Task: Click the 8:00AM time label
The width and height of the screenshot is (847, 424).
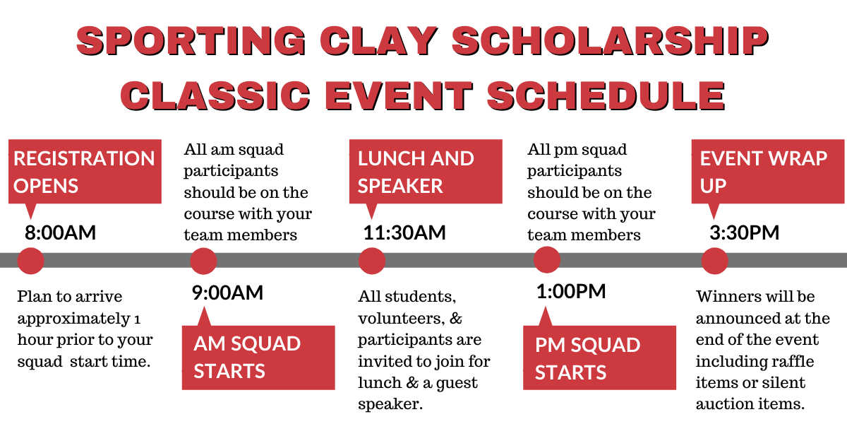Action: pyautogui.click(x=60, y=232)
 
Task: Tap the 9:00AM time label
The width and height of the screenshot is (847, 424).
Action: pyautogui.click(x=227, y=293)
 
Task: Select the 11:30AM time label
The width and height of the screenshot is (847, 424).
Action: pyautogui.click(x=404, y=232)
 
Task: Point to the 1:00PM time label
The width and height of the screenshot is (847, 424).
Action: pyautogui.click(x=571, y=291)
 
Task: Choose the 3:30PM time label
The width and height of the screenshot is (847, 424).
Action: pyautogui.click(x=744, y=232)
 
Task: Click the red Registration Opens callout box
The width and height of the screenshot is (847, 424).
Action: pyautogui.click(x=84, y=172)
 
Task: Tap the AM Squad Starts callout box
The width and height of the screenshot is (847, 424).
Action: pyautogui.click(x=258, y=357)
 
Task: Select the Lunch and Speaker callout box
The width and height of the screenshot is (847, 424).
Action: pyautogui.click(x=426, y=172)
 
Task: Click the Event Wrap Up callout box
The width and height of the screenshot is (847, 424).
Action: pyautogui.click(x=767, y=172)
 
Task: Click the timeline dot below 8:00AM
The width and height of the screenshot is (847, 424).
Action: pyautogui.click(x=30, y=261)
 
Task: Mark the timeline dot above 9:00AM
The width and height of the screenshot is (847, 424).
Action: pyautogui.click(x=203, y=261)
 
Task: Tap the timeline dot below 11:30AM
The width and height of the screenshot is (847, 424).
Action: pyautogui.click(x=371, y=261)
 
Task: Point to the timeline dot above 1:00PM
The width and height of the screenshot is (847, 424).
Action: pyautogui.click(x=546, y=260)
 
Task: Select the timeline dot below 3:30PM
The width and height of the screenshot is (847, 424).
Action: pyautogui.click(x=714, y=261)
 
